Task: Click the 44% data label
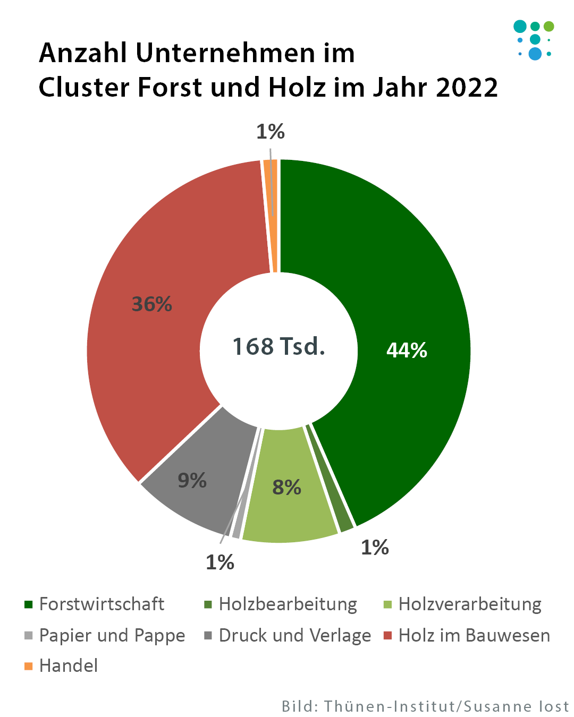(407, 350)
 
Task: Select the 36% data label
(152, 304)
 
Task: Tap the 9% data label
(192, 480)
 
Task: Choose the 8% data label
(286, 487)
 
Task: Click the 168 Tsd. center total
(278, 346)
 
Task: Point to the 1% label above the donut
(271, 132)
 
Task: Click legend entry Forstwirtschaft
(102, 604)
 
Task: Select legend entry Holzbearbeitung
(288, 604)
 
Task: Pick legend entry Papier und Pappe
(112, 635)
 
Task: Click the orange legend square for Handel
(29, 666)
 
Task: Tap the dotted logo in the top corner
(534, 40)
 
